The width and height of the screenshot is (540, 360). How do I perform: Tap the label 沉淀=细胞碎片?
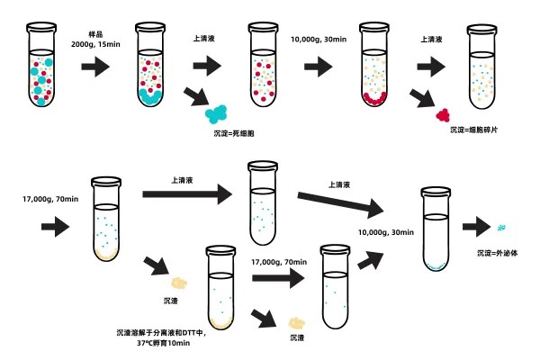pyautogui.click(x=473, y=130)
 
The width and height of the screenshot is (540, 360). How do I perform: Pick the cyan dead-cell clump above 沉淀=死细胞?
pyautogui.click(x=218, y=113)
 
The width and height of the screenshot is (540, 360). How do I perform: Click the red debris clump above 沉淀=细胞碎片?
pyautogui.click(x=443, y=114)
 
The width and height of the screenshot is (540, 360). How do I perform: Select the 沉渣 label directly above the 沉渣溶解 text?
pyautogui.click(x=172, y=298)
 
